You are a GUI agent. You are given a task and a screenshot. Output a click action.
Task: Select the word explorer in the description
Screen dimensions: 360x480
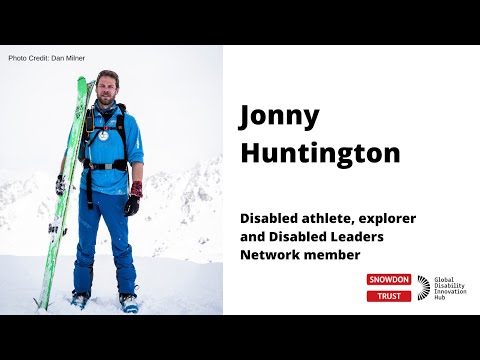(388, 218)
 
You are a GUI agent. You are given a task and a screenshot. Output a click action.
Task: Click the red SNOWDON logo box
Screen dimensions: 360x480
(388, 280)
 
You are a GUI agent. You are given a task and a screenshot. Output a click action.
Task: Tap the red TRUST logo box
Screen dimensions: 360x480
(388, 296)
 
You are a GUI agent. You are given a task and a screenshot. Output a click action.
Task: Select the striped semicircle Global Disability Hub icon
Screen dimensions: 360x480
(424, 287)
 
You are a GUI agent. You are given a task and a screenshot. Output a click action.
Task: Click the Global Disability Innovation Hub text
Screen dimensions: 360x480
(449, 288)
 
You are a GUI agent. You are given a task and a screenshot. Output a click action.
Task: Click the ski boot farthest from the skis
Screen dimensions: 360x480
(128, 301)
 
